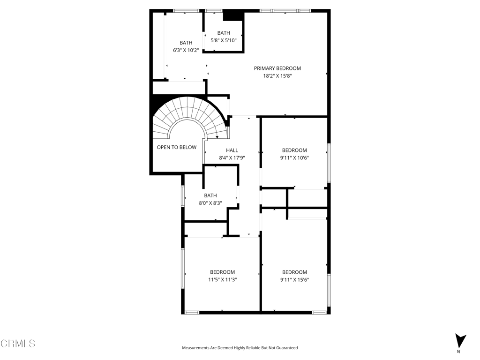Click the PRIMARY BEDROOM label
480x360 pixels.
pyautogui.click(x=277, y=68)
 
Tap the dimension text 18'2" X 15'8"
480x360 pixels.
pyautogui.click(x=277, y=75)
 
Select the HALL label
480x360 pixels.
pyautogui.click(x=232, y=150)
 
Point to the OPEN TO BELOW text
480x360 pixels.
pyautogui.click(x=177, y=147)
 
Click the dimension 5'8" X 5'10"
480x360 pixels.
pyautogui.click(x=224, y=40)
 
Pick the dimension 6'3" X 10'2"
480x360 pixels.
pyautogui.click(x=186, y=50)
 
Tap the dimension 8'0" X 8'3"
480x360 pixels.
pyautogui.click(x=210, y=202)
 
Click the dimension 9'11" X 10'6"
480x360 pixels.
pyautogui.click(x=294, y=158)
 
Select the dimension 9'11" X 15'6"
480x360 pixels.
pyautogui.click(x=294, y=279)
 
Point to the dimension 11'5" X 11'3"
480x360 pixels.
pyautogui.click(x=223, y=279)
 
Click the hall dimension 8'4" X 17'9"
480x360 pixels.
pyautogui.click(x=232, y=158)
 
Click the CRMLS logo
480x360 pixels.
pyautogui.click(x=18, y=343)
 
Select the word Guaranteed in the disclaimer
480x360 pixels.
pyautogui.click(x=287, y=348)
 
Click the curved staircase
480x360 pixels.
pyautogui.click(x=190, y=118)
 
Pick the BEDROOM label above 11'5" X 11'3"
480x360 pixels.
pyautogui.click(x=223, y=272)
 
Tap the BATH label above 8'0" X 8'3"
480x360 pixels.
pyautogui.click(x=210, y=195)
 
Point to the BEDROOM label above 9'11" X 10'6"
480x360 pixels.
pyautogui.click(x=294, y=150)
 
